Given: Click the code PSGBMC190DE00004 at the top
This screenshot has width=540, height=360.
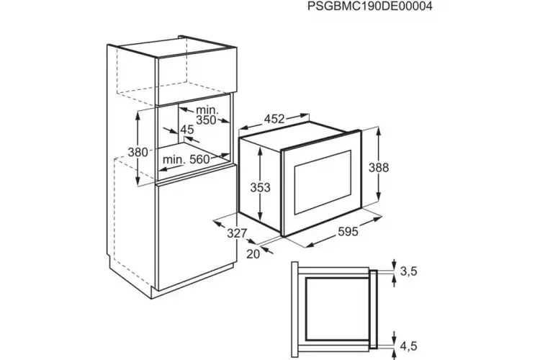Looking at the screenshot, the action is coord(369,6).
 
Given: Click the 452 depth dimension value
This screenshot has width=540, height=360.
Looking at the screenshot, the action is coord(274,119).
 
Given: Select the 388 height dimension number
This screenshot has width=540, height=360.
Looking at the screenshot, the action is coord(379,168).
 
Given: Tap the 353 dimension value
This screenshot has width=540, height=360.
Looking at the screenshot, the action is coord(261,188).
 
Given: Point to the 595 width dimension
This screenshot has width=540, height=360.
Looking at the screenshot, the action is coord(348,232).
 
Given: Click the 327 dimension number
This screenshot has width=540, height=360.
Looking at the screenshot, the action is coord(237,233).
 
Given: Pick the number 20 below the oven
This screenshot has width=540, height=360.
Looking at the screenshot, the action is coord(253,254).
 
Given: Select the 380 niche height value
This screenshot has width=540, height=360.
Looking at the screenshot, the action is coord(138,152).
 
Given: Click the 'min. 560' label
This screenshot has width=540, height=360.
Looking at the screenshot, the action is coord(186,160).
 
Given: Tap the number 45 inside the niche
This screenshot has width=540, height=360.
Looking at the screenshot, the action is coord(187,130).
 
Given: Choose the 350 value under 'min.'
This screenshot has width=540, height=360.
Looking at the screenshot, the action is coord(206,120).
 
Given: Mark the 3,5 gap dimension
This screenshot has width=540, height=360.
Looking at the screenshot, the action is coord(409,271).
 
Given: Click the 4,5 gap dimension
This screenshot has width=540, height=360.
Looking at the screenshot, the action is coord(409,346).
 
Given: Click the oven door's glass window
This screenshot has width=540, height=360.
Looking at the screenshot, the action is coord(322,182).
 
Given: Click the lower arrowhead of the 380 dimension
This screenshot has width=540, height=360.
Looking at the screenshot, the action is coord(138,181).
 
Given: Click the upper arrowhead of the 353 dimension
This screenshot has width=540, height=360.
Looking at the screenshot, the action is coord(260,150).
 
